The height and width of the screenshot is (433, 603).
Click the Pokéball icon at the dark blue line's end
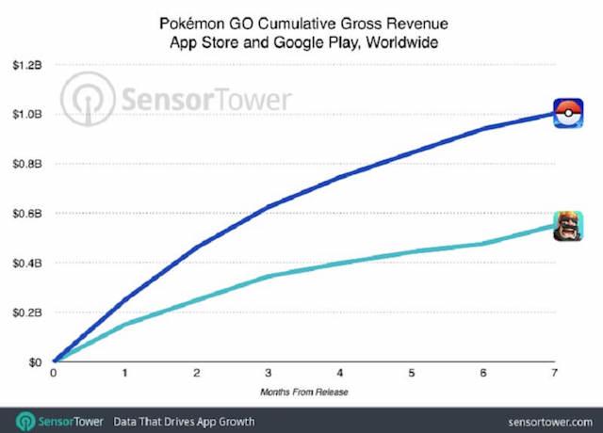point(567,113)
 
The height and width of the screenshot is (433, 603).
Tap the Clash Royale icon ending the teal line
point(567,226)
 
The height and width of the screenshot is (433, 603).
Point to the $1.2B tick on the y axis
point(25,65)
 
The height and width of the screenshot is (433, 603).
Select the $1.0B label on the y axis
point(25,114)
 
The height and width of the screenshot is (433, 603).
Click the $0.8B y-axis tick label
point(25,164)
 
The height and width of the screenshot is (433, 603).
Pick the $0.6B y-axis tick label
point(25,214)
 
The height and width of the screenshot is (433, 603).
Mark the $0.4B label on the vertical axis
point(25,263)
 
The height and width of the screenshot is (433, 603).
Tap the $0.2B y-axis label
point(25,313)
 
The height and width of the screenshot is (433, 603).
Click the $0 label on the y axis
point(33,362)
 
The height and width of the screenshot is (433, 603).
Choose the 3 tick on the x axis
point(269,374)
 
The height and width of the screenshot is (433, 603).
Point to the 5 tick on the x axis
point(411,374)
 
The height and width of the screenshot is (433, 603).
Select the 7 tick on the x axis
point(554,374)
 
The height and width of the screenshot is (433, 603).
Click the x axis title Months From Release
point(303,390)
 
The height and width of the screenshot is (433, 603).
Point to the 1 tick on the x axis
point(125,374)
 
